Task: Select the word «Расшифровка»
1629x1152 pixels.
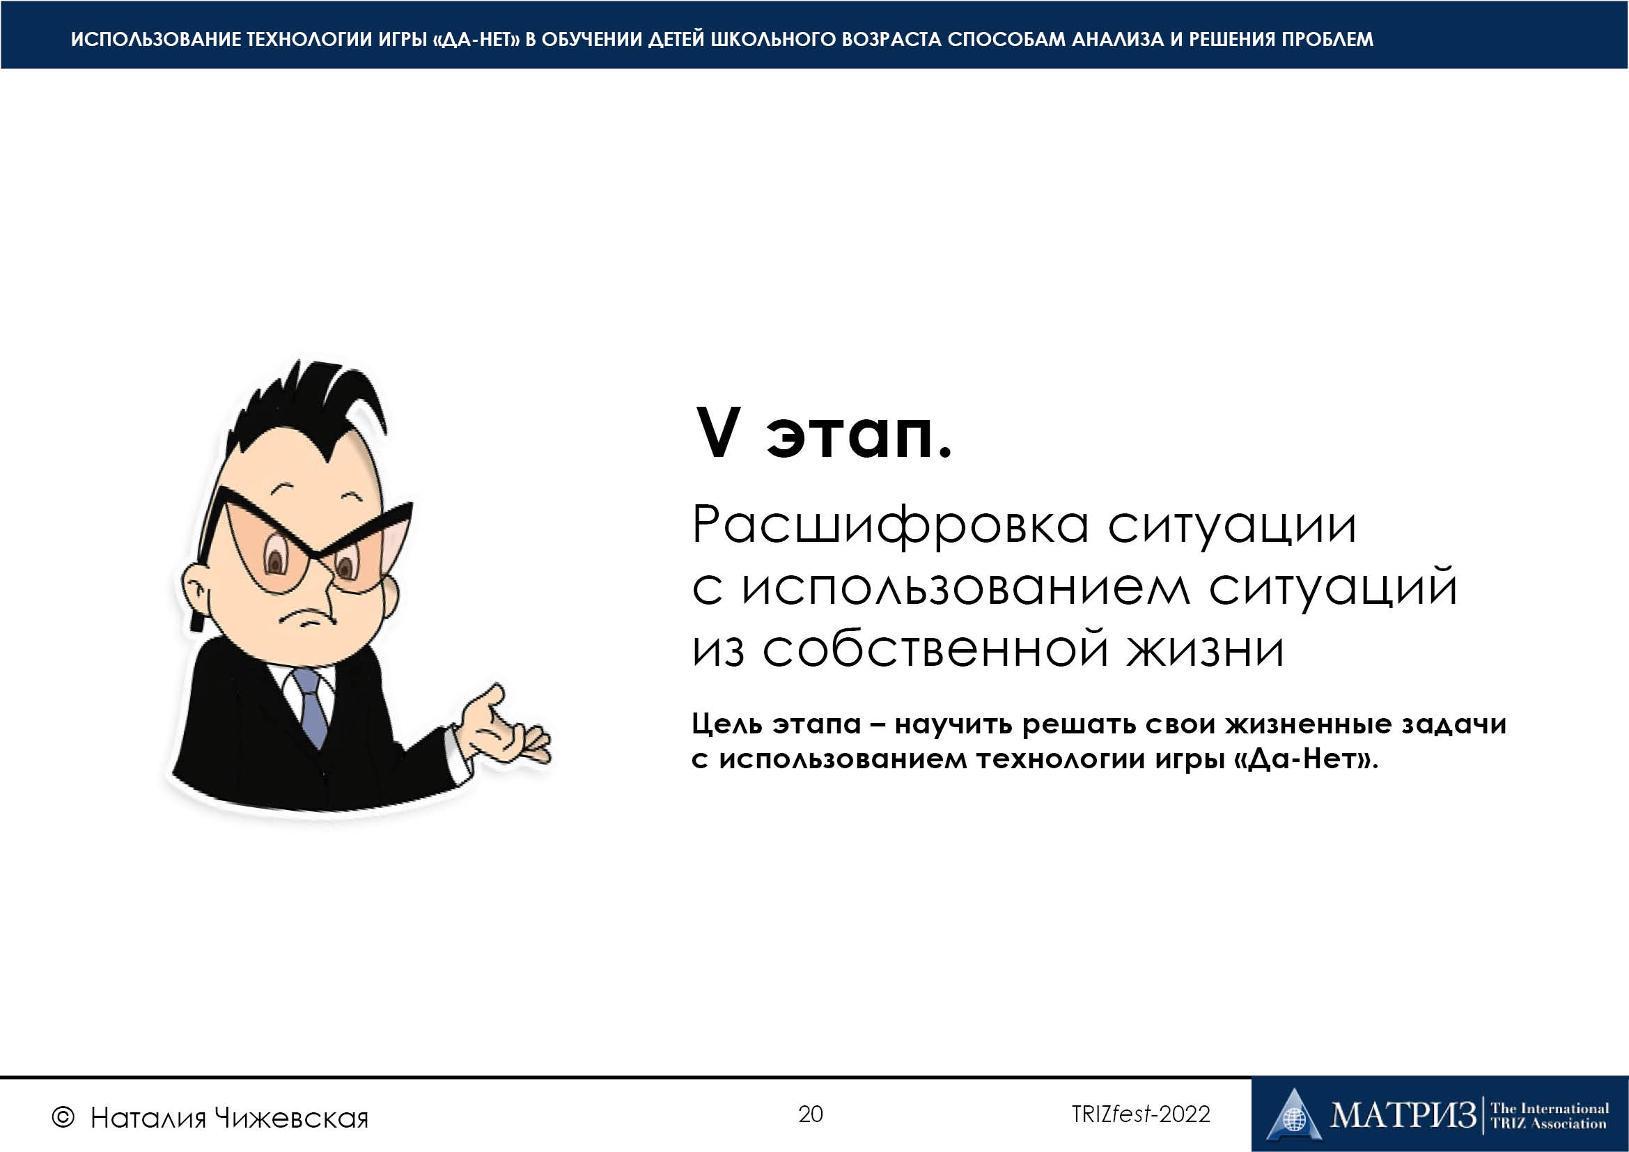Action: [x=891, y=526]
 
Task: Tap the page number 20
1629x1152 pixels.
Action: [x=810, y=1114]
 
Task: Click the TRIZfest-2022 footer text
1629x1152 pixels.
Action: [x=1141, y=1114]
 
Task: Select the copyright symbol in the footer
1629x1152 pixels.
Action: [x=63, y=1118]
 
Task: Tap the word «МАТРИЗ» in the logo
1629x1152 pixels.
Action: [x=1403, y=1114]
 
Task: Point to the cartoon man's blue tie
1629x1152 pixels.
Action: [x=309, y=706]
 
